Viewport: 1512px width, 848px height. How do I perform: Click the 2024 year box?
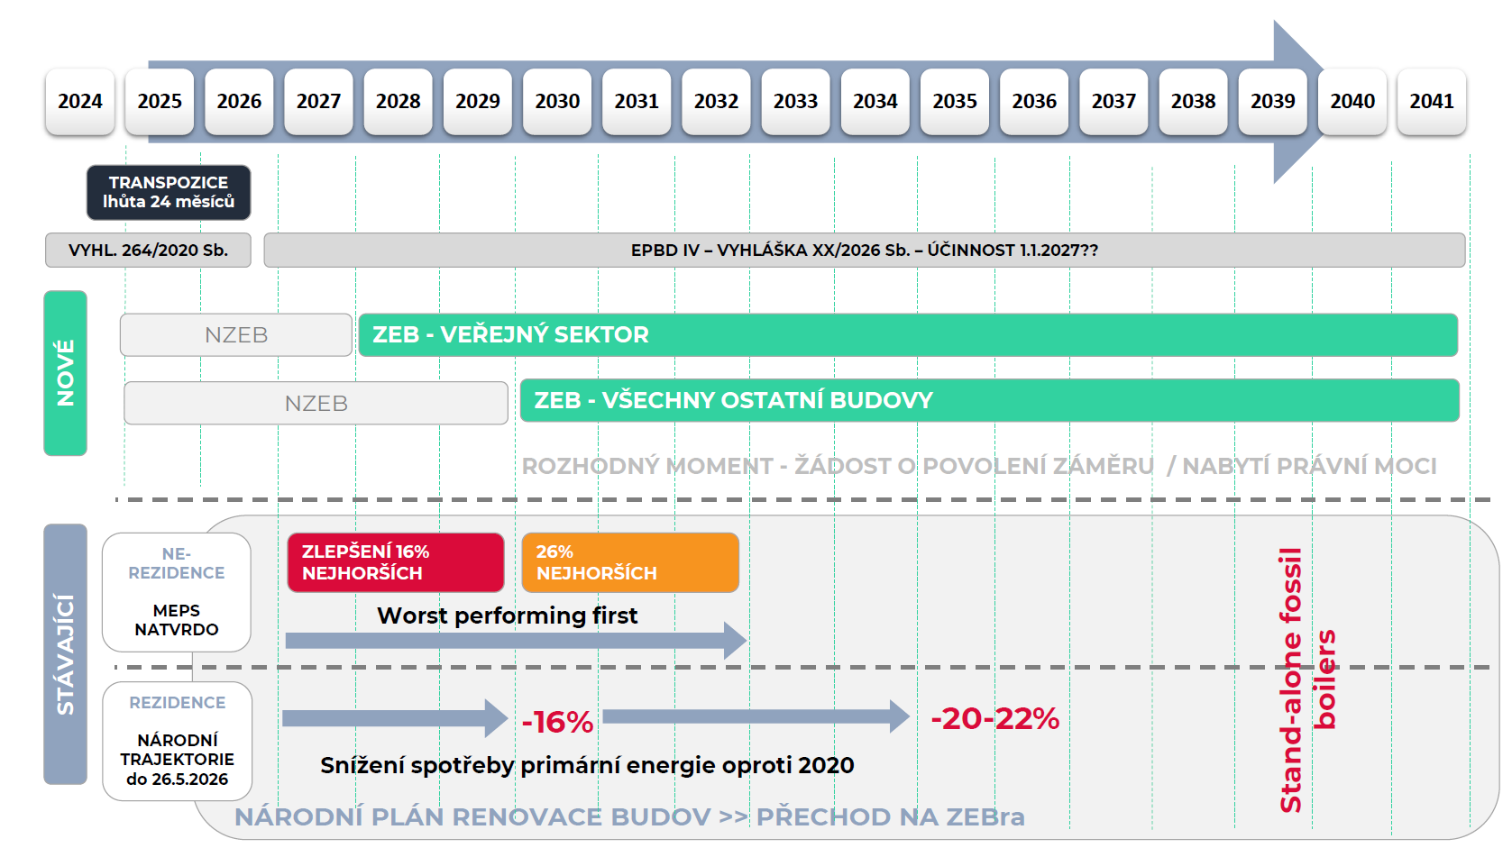(x=80, y=102)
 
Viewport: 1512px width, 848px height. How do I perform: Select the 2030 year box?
(x=557, y=102)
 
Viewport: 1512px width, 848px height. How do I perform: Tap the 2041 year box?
(x=1432, y=102)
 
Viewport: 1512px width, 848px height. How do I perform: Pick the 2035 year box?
(x=955, y=102)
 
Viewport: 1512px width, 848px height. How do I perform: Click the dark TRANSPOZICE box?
(x=169, y=192)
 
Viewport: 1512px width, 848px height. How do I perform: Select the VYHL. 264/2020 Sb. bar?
(x=148, y=251)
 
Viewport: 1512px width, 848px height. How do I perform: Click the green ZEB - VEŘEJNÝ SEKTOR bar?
(x=907, y=335)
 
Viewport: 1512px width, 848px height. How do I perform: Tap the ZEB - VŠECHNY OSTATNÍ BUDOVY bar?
(x=989, y=401)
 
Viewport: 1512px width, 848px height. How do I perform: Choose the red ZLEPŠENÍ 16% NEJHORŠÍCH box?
(x=395, y=562)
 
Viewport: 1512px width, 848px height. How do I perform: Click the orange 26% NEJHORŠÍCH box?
(x=630, y=562)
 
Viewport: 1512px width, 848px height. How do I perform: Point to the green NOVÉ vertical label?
(x=66, y=373)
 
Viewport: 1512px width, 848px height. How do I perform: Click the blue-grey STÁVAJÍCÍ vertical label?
(x=66, y=654)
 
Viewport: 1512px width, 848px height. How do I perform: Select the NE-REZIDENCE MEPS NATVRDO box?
(x=177, y=592)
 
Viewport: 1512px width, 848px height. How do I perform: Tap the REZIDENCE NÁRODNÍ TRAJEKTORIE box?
(x=178, y=741)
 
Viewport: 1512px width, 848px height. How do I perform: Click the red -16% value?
(x=557, y=722)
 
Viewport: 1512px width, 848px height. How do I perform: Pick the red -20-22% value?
(x=994, y=718)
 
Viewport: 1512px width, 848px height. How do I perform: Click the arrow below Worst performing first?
(x=515, y=641)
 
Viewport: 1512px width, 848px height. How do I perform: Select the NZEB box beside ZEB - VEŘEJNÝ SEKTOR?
(x=236, y=335)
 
